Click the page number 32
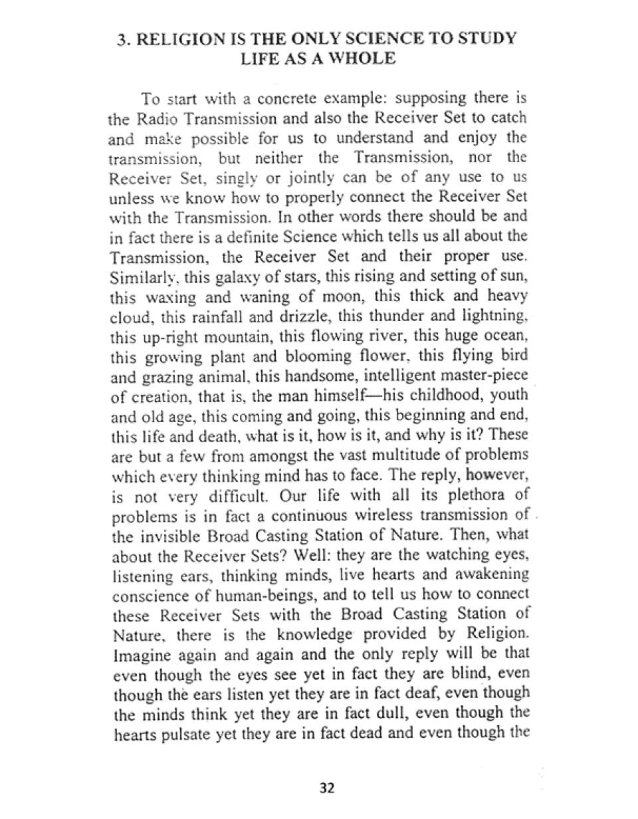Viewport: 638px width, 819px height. [327, 788]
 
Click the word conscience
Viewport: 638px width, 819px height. [144, 594]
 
